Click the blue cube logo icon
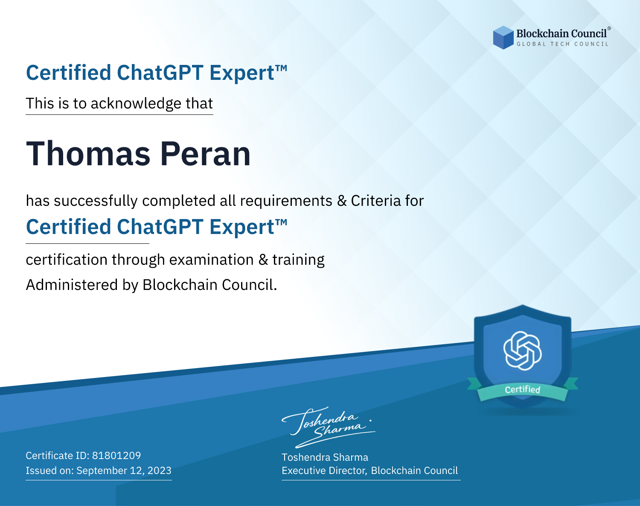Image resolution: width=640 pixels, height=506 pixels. click(x=503, y=38)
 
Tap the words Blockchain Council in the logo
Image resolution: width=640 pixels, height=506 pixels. click(x=561, y=34)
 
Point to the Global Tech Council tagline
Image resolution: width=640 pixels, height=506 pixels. click(x=563, y=44)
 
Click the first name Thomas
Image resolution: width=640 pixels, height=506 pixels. click(x=88, y=154)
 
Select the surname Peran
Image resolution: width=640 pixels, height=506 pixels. click(x=205, y=154)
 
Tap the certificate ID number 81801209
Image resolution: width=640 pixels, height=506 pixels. click(x=116, y=455)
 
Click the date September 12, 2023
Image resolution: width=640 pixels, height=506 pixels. click(x=124, y=471)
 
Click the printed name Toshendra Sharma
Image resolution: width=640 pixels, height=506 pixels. click(x=325, y=457)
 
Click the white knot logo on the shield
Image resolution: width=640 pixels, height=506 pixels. click(x=523, y=351)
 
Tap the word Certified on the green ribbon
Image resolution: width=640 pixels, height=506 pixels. click(x=523, y=389)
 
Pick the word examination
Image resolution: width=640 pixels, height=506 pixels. click(x=212, y=260)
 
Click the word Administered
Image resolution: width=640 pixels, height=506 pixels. click(x=72, y=285)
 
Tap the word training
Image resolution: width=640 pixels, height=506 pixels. click(x=299, y=260)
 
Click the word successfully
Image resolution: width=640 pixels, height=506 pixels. click(x=96, y=201)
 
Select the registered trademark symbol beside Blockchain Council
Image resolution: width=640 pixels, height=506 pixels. click(x=609, y=28)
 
